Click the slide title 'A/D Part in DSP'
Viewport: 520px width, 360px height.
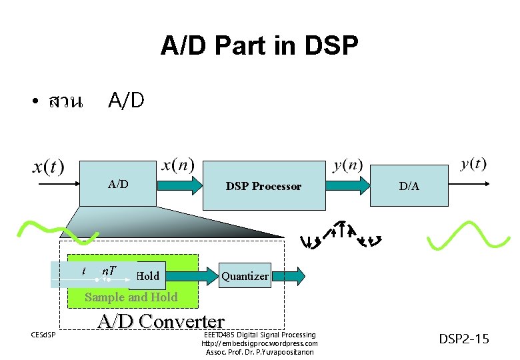259,46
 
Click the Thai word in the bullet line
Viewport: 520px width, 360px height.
65,101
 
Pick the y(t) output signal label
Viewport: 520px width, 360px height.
474,164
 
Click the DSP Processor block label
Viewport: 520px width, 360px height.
263,187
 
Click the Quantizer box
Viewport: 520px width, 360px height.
245,275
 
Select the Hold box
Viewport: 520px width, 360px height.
148,275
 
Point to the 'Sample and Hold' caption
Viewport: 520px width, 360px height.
131,297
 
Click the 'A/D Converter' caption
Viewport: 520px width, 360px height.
161,321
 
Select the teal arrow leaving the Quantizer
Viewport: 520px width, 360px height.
289,275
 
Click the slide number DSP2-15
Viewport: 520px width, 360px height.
464,339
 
